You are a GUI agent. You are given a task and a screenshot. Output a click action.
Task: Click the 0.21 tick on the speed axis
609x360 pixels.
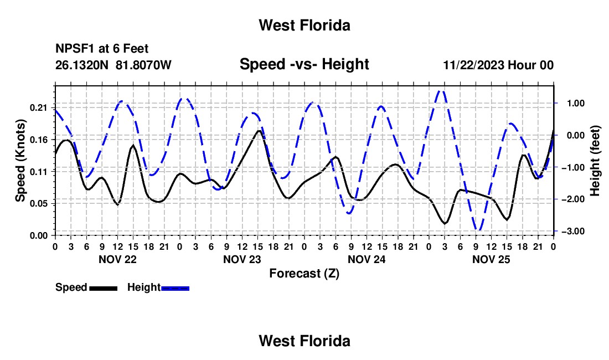tap(38, 107)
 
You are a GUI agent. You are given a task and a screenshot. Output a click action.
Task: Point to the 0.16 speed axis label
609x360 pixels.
tap(38, 140)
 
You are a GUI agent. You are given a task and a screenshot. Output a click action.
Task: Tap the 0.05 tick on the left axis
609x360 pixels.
tap(38, 203)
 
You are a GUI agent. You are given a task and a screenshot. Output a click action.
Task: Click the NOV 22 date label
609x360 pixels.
tap(118, 259)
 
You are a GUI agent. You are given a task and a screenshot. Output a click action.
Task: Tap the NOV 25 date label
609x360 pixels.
tap(491, 259)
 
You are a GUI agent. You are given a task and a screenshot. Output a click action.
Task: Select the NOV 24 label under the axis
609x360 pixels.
tap(367, 259)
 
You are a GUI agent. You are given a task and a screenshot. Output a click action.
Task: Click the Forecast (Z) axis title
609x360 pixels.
tap(304, 274)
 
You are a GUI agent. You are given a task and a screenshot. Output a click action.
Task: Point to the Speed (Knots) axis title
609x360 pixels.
tap(20, 161)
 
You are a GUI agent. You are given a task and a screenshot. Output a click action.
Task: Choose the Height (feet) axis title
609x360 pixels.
tap(595, 161)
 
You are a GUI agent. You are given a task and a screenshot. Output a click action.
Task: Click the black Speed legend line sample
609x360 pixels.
tap(104, 288)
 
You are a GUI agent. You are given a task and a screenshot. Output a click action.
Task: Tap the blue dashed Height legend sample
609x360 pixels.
tap(175, 288)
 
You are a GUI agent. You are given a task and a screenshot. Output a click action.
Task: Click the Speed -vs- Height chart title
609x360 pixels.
tap(304, 64)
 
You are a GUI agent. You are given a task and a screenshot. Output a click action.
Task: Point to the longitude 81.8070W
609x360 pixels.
tap(143, 65)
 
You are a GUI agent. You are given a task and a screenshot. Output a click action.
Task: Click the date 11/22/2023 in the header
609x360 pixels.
tap(474, 65)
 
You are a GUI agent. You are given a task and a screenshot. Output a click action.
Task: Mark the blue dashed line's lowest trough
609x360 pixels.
tap(479, 230)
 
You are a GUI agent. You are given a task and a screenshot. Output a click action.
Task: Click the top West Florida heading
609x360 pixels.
tap(304, 25)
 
